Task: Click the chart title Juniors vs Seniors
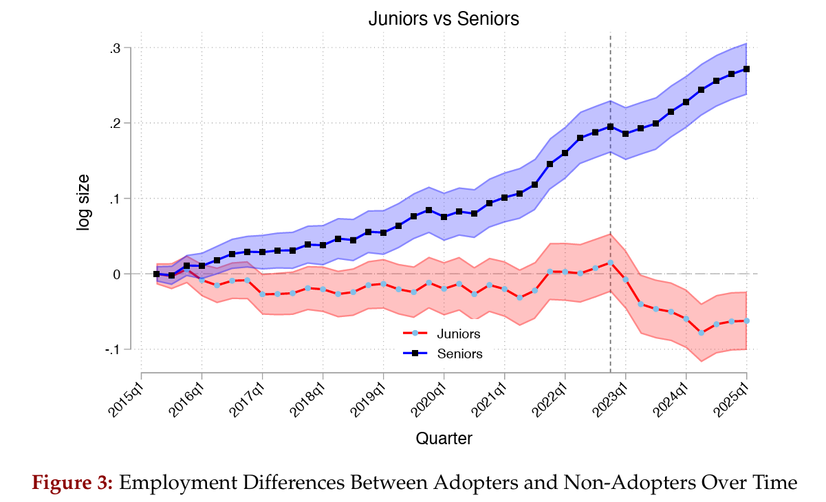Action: pos(443,19)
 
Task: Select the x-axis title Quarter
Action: pos(444,438)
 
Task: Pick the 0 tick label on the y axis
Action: pos(117,274)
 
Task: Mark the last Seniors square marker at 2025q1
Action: pos(746,69)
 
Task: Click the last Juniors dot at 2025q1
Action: pos(746,320)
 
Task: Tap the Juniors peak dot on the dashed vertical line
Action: pos(611,262)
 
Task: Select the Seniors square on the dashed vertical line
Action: pos(611,127)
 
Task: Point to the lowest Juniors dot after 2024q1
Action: pos(702,333)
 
